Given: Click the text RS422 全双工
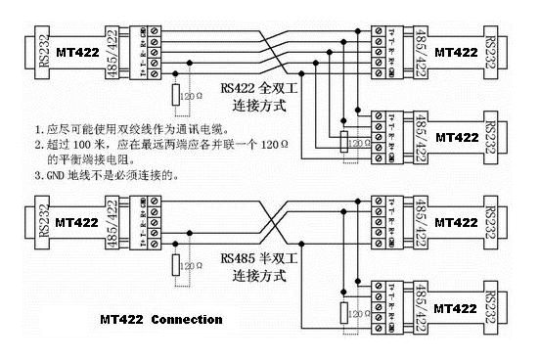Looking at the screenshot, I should (255, 87).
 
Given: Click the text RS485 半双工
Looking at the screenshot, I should (255, 259).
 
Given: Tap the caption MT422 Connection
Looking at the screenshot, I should (161, 319).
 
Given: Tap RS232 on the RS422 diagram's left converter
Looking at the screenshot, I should (17, 50).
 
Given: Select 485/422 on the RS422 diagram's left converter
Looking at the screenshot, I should (127, 50).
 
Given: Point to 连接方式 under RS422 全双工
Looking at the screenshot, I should (255, 105).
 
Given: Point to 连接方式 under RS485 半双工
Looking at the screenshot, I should (255, 277).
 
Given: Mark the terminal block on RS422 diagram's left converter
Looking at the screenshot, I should (152, 50).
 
